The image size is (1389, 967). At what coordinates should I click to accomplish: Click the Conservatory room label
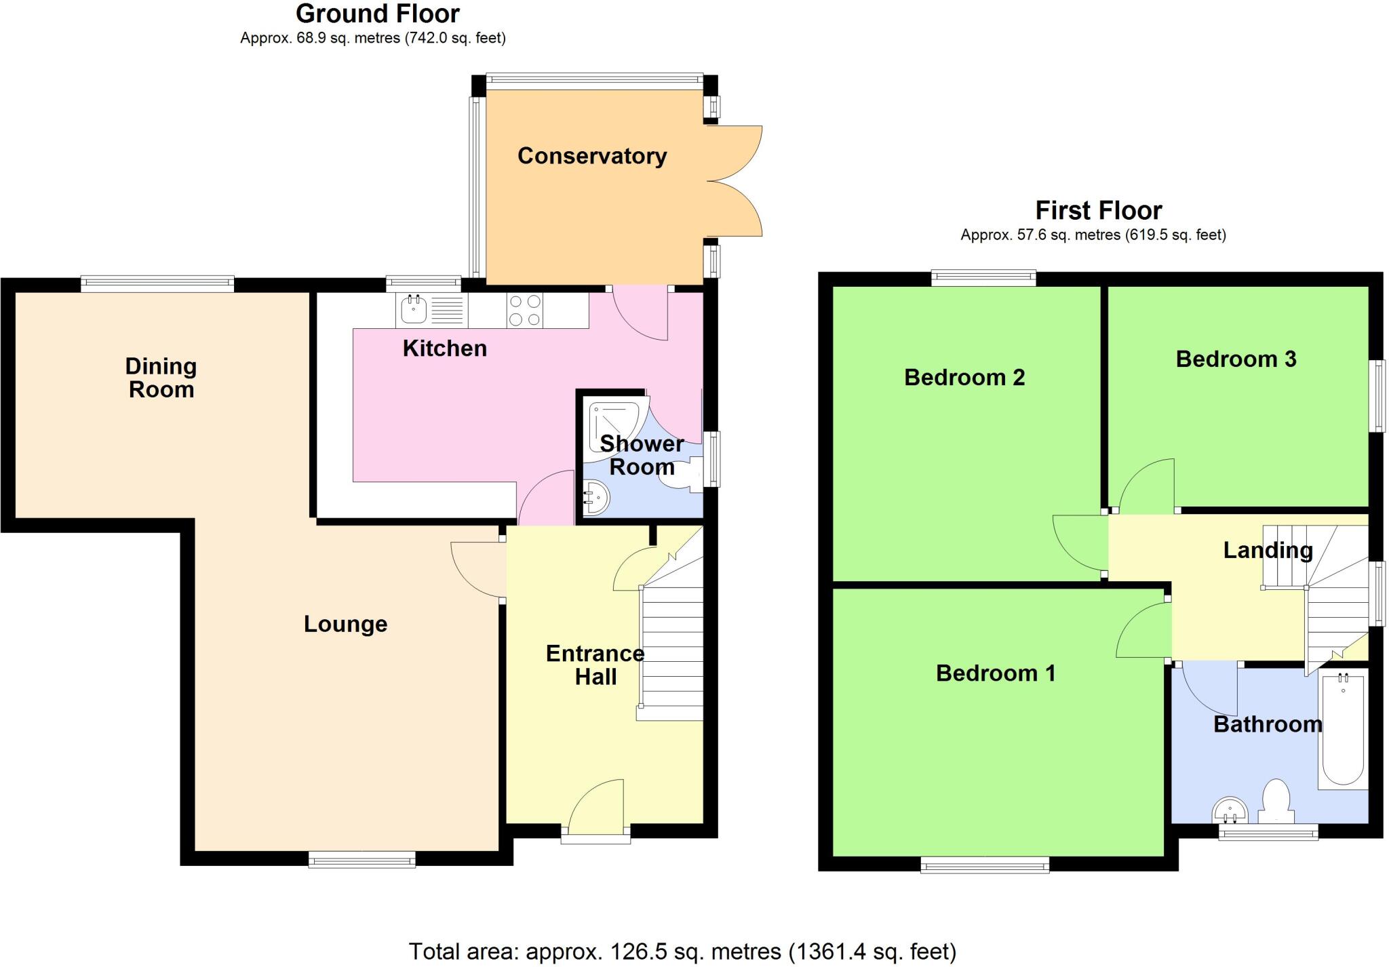592,156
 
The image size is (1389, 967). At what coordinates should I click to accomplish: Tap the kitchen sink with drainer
431,311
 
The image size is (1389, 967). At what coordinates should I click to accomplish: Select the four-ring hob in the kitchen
525,311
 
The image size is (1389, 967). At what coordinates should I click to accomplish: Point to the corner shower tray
614,425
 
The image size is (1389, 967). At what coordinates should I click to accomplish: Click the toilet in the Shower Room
686,474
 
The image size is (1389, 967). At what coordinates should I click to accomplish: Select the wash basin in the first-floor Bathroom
1230,808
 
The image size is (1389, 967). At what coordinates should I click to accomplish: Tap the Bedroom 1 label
996,673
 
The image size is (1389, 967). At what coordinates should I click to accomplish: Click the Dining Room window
157,283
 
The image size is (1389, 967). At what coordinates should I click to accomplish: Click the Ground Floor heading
378,14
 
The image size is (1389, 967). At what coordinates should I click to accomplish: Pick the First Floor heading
1098,210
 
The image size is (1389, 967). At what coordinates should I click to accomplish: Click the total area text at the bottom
682,951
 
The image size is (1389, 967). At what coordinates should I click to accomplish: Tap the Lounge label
345,624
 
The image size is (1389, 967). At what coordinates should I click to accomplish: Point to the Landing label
1268,550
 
